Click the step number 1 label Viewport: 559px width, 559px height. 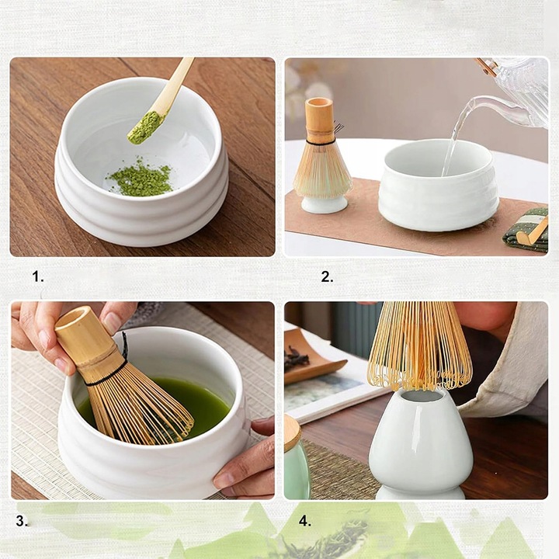tap(38, 276)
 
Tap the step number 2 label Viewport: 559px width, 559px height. tap(327, 276)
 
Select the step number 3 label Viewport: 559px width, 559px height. tap(22, 521)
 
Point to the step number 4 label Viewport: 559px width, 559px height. tap(305, 521)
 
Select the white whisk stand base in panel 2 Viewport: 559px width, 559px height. tap(324, 204)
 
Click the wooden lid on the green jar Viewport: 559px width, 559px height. tap(292, 432)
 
